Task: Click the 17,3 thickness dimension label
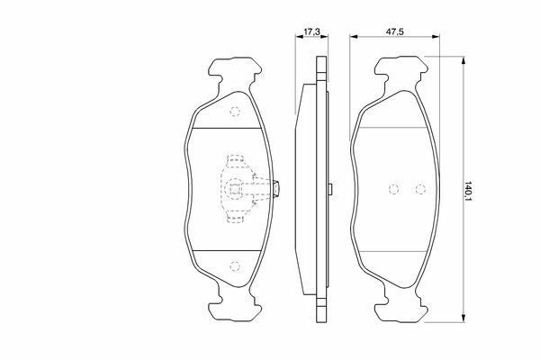point(311,31)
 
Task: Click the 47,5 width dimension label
point(395,31)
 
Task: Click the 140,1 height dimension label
point(467,192)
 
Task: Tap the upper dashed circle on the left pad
point(235,112)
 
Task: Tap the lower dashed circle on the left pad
point(235,266)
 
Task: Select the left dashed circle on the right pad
point(393,189)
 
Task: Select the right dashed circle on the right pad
point(420,189)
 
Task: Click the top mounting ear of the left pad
point(235,70)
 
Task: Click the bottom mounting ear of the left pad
point(235,308)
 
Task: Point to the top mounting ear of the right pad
point(401,70)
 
